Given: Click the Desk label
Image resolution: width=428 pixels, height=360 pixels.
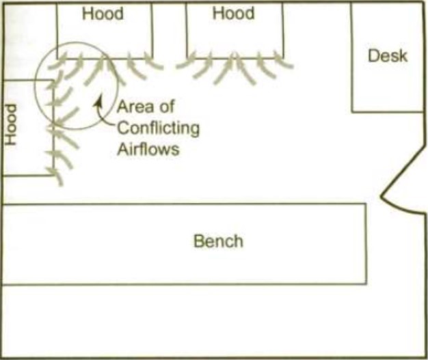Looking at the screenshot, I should pos(387,55).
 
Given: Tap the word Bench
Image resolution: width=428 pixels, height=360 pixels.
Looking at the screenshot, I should pos(218,241).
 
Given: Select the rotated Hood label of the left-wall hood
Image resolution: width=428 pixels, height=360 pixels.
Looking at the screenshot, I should pos(11,124).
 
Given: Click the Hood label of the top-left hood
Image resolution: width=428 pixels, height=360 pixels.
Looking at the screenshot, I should pos(103,14).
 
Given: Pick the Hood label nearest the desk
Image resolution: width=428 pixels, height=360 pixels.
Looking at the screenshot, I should pos(233,13).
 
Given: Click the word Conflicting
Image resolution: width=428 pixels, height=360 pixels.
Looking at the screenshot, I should pos(158,128).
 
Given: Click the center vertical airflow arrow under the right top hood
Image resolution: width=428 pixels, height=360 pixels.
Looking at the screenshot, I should pos(233,68).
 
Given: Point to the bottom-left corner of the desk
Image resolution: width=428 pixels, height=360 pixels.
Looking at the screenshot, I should pos(352,111).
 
